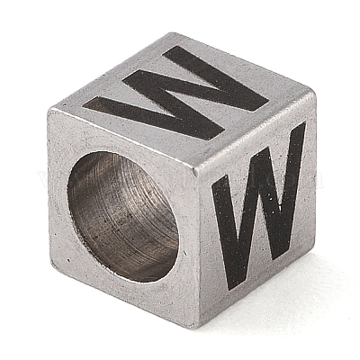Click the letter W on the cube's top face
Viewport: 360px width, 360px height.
coord(175,93)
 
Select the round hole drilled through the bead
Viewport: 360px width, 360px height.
coord(123,217)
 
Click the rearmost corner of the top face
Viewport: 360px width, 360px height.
coord(175,33)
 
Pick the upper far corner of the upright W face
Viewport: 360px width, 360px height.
coord(313,92)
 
